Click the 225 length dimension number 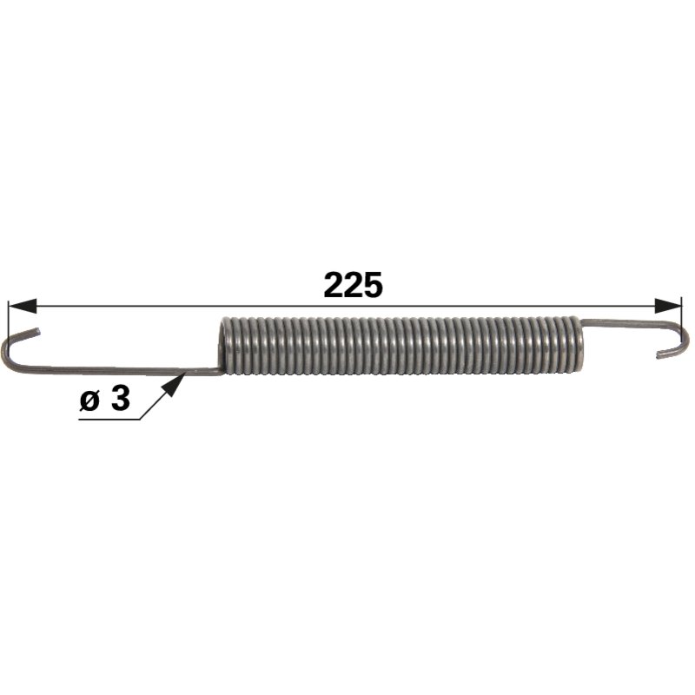click(x=353, y=285)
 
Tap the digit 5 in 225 click(x=373, y=285)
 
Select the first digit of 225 click(x=334, y=285)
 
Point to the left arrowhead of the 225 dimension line click(x=23, y=306)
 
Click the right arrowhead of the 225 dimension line click(x=668, y=306)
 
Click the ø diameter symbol click(x=89, y=400)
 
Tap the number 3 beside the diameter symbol click(x=121, y=398)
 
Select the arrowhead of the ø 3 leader click(x=175, y=385)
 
